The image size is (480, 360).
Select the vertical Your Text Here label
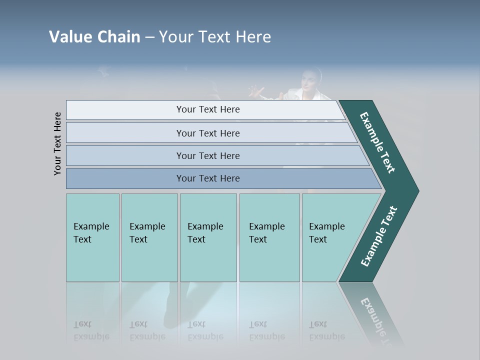pos(58,143)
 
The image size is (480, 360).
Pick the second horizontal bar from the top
pos(208,133)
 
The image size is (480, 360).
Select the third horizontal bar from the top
pos(208,155)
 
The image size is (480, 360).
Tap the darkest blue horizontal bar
pos(208,178)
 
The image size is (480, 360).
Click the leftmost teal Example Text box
pos(92,237)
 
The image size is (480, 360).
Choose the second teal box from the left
pos(149,237)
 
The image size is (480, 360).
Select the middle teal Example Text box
pos(208,237)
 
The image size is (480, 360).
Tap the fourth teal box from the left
pos(269,237)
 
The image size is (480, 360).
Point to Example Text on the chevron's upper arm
pos(378,142)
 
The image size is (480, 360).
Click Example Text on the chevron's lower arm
pos(379,236)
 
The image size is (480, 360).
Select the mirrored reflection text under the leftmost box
pos(91,330)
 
